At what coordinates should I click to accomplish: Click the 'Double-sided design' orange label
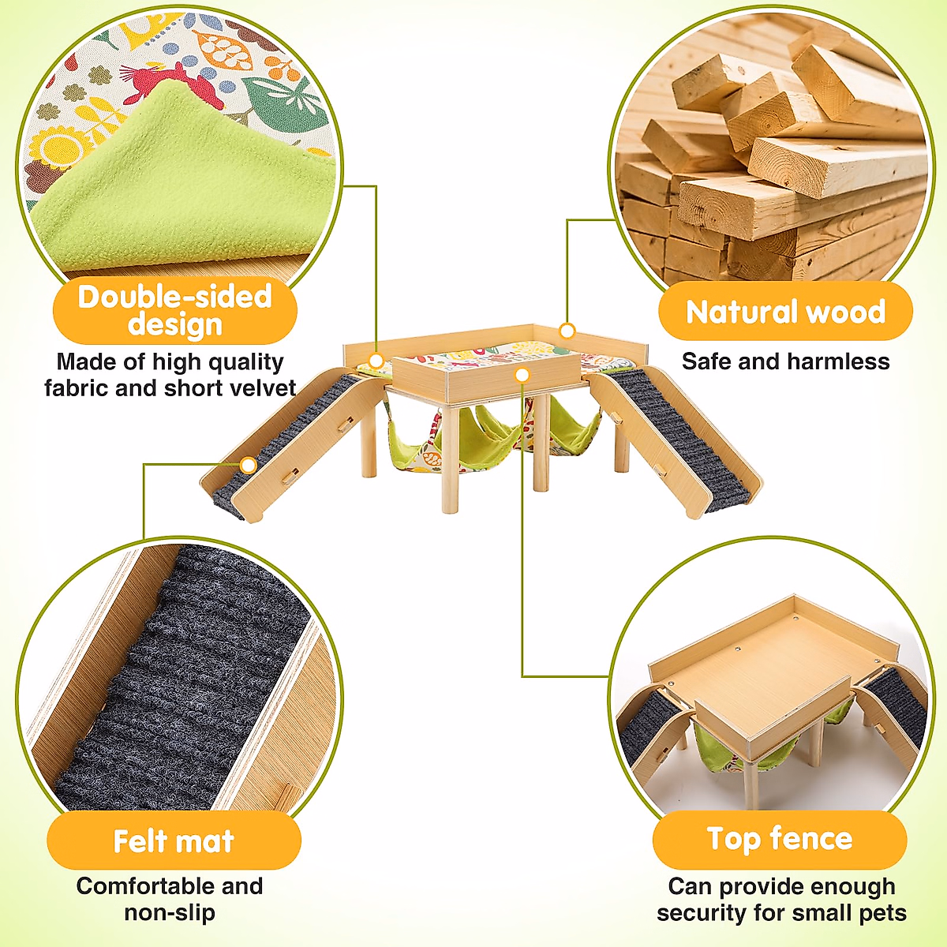point(175,310)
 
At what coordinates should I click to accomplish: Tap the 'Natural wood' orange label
point(785,312)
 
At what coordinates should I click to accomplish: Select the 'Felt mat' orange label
point(174,841)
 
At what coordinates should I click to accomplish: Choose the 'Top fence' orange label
point(780,839)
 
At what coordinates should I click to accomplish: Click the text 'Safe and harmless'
point(785,361)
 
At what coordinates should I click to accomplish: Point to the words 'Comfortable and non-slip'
point(170,899)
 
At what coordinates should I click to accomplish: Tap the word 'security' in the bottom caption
point(702,913)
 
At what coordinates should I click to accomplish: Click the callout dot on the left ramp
point(249,466)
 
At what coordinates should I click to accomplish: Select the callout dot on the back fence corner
point(567,331)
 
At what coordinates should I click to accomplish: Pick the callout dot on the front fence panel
point(522,375)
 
